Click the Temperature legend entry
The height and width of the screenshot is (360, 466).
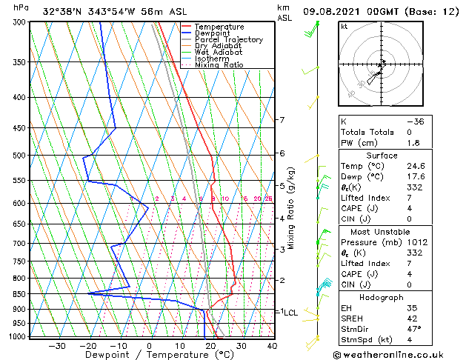point(220,27)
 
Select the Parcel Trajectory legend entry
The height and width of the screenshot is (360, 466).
point(228,39)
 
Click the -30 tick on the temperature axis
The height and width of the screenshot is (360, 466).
point(56,345)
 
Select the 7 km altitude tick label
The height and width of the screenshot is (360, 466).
point(282,120)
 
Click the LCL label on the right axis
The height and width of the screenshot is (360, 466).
point(290,313)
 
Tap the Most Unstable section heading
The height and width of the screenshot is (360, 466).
point(382,231)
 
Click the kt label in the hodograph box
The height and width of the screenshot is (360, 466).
point(345,27)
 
